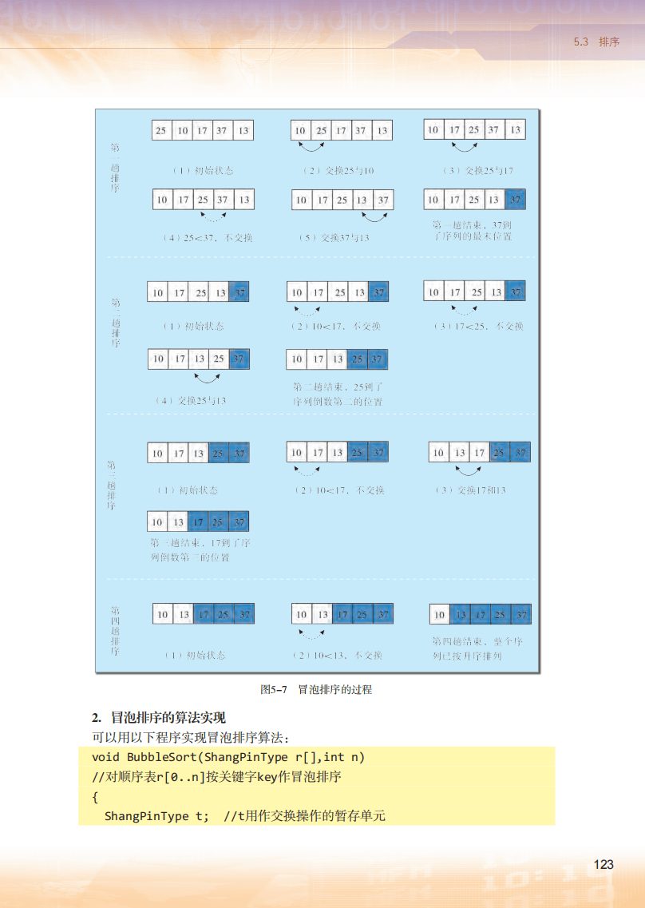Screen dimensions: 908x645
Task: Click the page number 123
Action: pyautogui.click(x=603, y=865)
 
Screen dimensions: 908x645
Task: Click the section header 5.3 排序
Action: pyautogui.click(x=596, y=42)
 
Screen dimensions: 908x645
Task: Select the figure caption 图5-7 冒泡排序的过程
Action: pyautogui.click(x=316, y=689)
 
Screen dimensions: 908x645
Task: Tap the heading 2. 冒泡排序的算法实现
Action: pyautogui.click(x=159, y=718)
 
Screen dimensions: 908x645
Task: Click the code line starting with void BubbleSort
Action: pyautogui.click(x=228, y=757)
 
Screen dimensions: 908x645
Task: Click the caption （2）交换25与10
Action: pyautogui.click(x=338, y=171)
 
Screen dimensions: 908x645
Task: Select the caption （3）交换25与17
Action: pyautogui.click(x=477, y=171)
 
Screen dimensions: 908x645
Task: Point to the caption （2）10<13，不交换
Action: pyautogui.click(x=338, y=655)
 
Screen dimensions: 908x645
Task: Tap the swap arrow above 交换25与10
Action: pyautogui.click(x=311, y=147)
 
